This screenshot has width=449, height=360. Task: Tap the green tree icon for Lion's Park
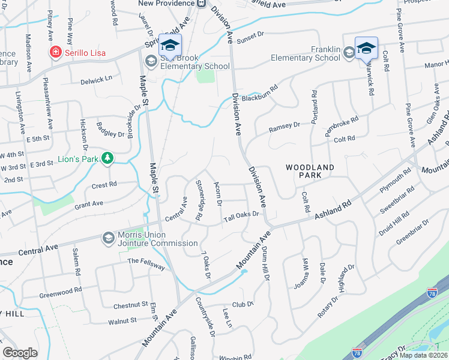pos(107,158)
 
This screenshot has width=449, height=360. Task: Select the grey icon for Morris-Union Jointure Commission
pos(108,238)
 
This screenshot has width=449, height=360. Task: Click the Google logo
pos(20,353)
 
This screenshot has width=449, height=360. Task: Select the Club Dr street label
pos(243,304)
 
